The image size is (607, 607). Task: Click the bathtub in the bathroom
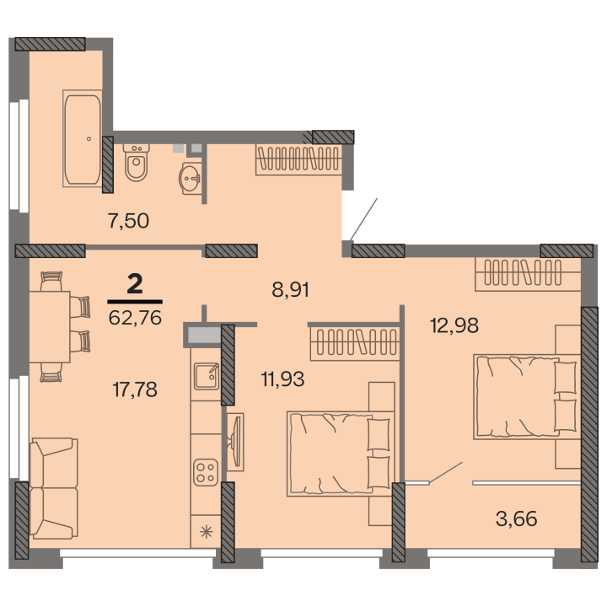[x=83, y=138]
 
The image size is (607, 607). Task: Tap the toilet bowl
[x=136, y=163]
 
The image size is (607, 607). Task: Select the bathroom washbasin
[x=191, y=178]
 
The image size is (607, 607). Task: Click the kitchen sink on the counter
[x=207, y=376]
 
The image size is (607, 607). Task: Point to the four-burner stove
[x=206, y=472]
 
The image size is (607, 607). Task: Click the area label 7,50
[x=128, y=221]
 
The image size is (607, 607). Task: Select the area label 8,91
[x=290, y=289]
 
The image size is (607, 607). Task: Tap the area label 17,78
[x=135, y=389]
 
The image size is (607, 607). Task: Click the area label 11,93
[x=282, y=379]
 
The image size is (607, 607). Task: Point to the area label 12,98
[x=454, y=325]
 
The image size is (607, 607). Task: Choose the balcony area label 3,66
[x=517, y=518]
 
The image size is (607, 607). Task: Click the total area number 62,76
[x=135, y=318]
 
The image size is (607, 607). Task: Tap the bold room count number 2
[x=135, y=284]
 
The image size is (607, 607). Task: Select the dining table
[x=50, y=327]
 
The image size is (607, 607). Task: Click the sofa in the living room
[x=53, y=488]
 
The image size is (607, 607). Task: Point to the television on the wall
[x=235, y=442]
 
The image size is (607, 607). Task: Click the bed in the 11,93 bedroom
[x=340, y=454]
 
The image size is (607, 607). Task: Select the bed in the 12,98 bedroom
[x=526, y=397]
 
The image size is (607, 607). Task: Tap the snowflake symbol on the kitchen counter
[x=206, y=531]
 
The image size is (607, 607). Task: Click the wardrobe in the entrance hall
[x=298, y=159]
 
